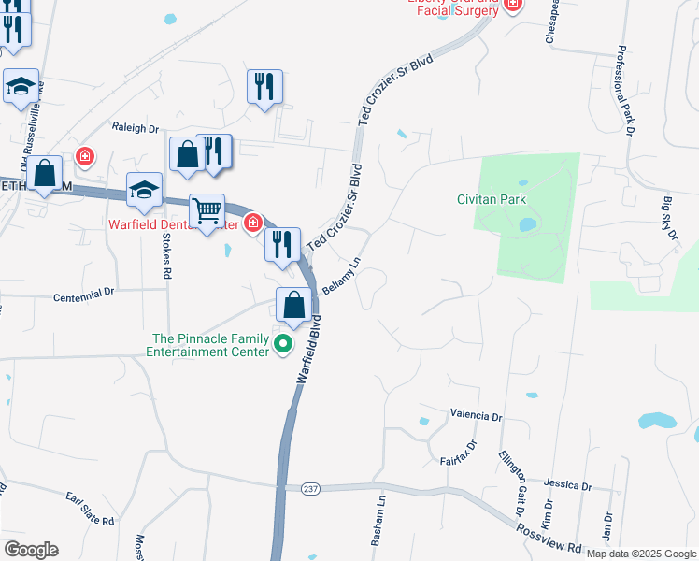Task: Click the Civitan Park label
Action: point(492,199)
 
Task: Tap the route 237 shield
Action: point(310,489)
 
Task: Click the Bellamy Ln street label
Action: point(341,279)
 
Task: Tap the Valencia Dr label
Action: point(476,414)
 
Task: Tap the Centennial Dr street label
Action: point(83,292)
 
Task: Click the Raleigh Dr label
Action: point(136,129)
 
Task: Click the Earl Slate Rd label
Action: point(90,508)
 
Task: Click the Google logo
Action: point(31,550)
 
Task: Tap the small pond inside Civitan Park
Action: point(527,224)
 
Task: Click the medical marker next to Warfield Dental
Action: point(252,223)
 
